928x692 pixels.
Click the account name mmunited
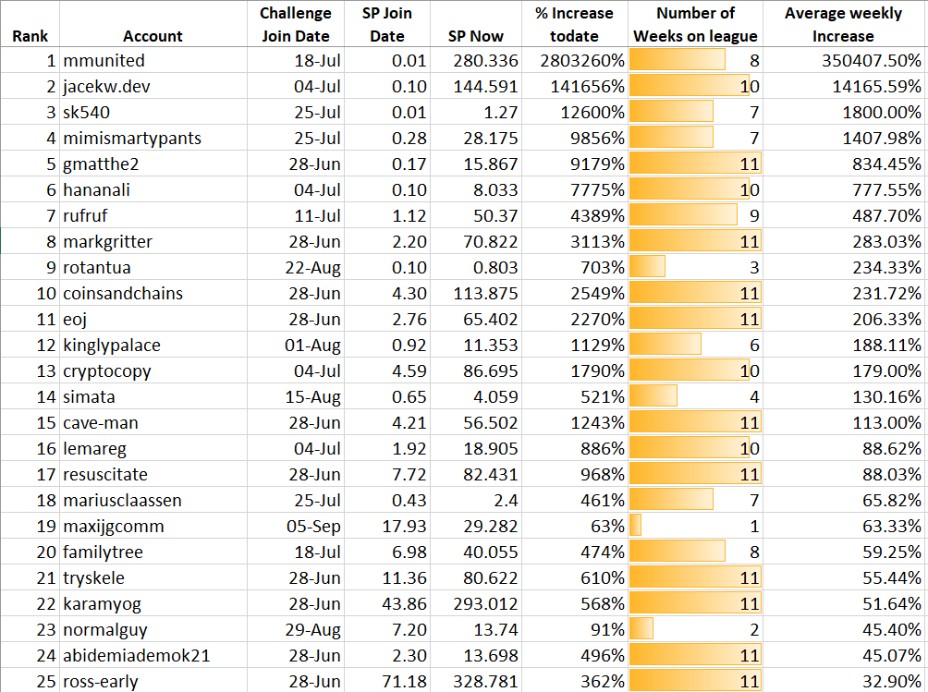tap(104, 61)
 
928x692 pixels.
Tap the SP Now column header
tap(476, 37)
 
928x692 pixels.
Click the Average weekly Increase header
tap(842, 25)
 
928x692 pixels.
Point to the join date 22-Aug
tap(315, 268)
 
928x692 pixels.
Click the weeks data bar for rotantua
tap(647, 268)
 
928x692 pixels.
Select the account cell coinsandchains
tap(123, 294)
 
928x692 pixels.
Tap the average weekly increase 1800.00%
tap(879, 113)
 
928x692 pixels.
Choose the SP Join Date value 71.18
tap(405, 682)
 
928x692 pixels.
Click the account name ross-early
tap(100, 682)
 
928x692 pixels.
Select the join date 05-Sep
tap(316, 527)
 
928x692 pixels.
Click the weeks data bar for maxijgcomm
tap(636, 527)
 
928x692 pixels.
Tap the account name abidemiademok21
tap(136, 656)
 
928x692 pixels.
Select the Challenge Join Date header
tap(296, 25)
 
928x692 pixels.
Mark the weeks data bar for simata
tap(653, 397)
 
